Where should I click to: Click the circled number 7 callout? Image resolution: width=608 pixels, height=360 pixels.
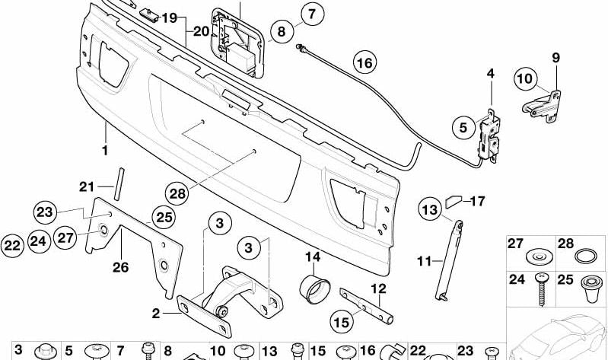tap(311, 13)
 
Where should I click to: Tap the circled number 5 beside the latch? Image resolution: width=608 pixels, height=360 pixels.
tap(462, 129)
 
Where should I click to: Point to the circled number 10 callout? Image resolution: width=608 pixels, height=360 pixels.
tap(525, 77)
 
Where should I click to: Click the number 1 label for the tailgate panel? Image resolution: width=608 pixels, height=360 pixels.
tap(106, 150)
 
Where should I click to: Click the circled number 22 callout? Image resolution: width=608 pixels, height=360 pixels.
tap(12, 244)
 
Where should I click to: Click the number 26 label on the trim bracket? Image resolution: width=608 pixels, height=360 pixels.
tap(121, 266)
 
